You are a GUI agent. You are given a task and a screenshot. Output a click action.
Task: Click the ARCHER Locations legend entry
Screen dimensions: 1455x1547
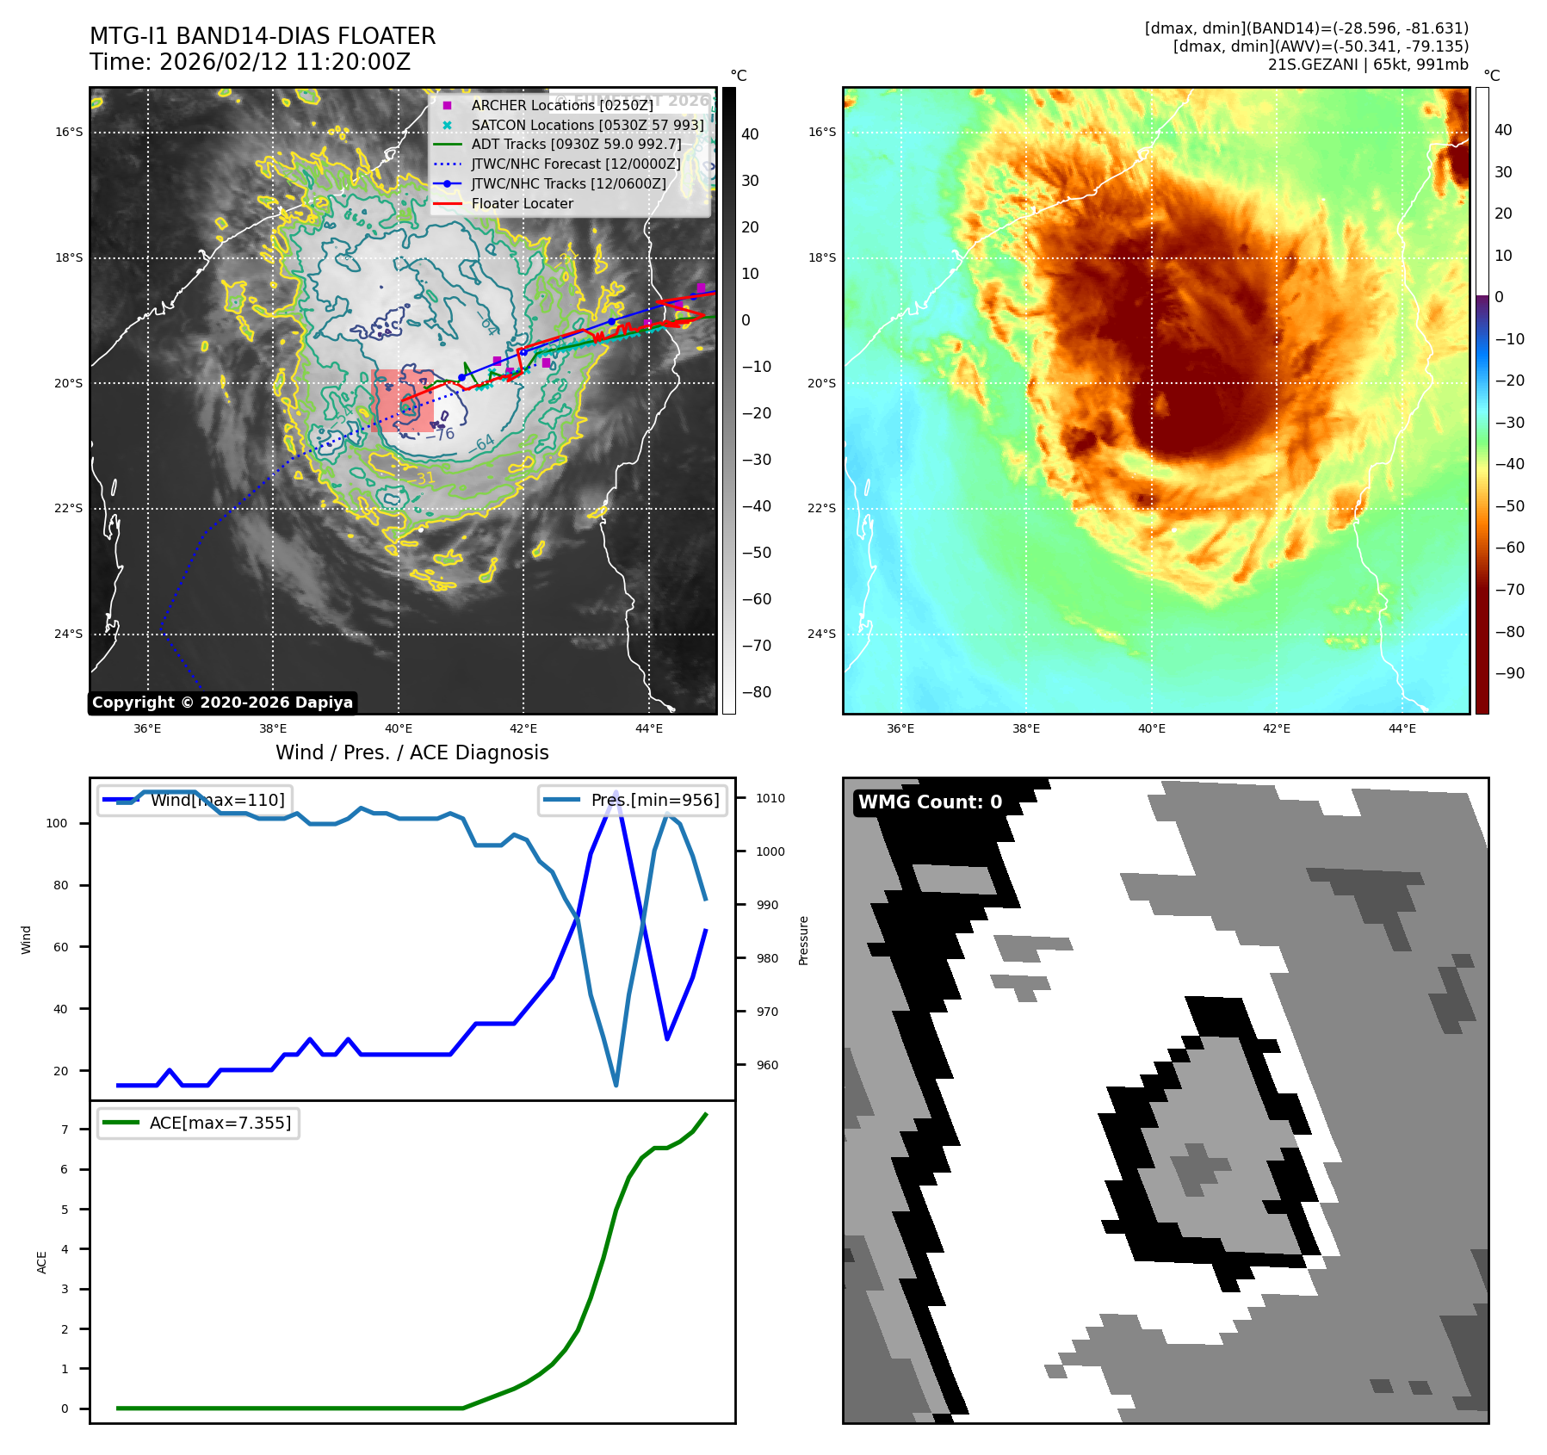(561, 105)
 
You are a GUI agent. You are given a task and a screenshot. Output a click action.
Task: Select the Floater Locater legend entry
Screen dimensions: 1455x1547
(522, 204)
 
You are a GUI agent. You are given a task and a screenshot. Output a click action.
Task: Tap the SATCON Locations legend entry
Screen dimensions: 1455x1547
(587, 125)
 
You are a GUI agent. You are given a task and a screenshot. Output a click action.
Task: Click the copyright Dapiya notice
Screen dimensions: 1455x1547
(222, 703)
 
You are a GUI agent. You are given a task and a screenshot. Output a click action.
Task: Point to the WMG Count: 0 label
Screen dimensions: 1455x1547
(930, 802)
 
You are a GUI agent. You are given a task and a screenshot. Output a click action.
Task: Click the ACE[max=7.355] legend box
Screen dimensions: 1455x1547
(199, 1124)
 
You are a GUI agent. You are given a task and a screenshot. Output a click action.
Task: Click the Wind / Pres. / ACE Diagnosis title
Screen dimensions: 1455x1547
(412, 752)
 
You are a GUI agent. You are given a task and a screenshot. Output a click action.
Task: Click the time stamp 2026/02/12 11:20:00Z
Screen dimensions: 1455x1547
(284, 62)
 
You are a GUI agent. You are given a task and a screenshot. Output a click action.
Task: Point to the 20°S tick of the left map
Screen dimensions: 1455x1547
(70, 383)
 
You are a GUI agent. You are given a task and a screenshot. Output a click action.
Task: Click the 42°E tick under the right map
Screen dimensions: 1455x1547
(1277, 728)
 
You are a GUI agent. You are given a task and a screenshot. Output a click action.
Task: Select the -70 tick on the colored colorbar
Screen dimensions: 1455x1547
(1509, 590)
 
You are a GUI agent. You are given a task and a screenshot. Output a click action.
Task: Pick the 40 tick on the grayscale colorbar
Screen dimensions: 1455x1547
(750, 134)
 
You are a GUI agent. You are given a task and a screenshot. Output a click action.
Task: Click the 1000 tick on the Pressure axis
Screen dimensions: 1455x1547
(770, 851)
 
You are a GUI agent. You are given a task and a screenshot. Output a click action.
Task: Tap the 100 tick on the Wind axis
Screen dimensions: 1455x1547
(57, 823)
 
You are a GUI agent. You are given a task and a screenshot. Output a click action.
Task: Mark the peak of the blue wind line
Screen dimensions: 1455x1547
(616, 791)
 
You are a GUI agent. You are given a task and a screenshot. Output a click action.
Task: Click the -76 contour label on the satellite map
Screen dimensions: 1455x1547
(443, 434)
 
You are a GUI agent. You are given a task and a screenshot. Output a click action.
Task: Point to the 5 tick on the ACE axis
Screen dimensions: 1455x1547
(65, 1210)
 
